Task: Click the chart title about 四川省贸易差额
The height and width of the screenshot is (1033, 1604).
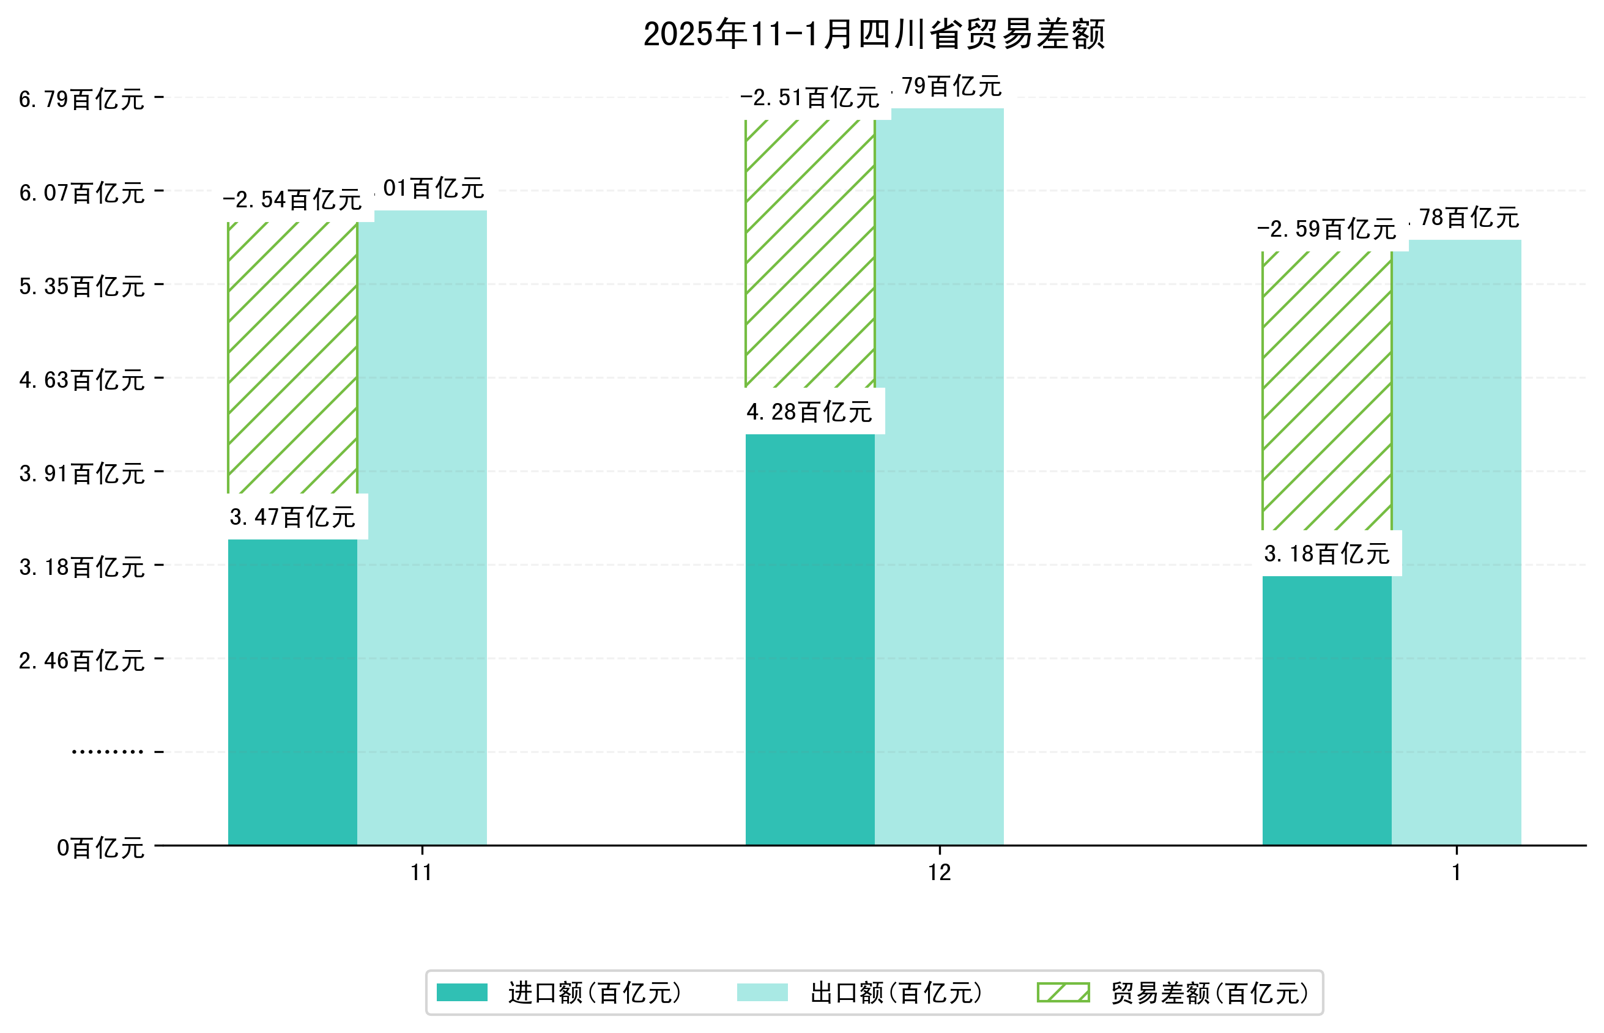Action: [874, 34]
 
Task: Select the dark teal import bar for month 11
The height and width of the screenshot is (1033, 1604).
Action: [292, 691]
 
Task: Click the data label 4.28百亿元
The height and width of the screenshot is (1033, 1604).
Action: [809, 412]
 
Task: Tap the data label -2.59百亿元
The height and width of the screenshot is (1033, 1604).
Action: [1326, 229]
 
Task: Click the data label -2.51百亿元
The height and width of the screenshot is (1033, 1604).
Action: [809, 98]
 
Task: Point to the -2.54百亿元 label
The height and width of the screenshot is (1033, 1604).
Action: [292, 200]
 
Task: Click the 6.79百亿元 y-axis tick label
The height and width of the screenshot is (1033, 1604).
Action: [82, 99]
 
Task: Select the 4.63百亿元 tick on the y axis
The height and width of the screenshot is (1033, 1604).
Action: [82, 380]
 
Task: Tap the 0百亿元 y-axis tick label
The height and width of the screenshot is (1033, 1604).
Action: [100, 848]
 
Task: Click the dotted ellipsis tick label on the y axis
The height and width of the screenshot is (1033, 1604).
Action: [107, 752]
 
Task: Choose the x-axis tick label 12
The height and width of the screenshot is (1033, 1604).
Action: [939, 873]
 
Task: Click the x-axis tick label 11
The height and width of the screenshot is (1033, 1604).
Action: [421, 873]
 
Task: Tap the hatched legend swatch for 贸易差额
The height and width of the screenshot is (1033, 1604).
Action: [1063, 992]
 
